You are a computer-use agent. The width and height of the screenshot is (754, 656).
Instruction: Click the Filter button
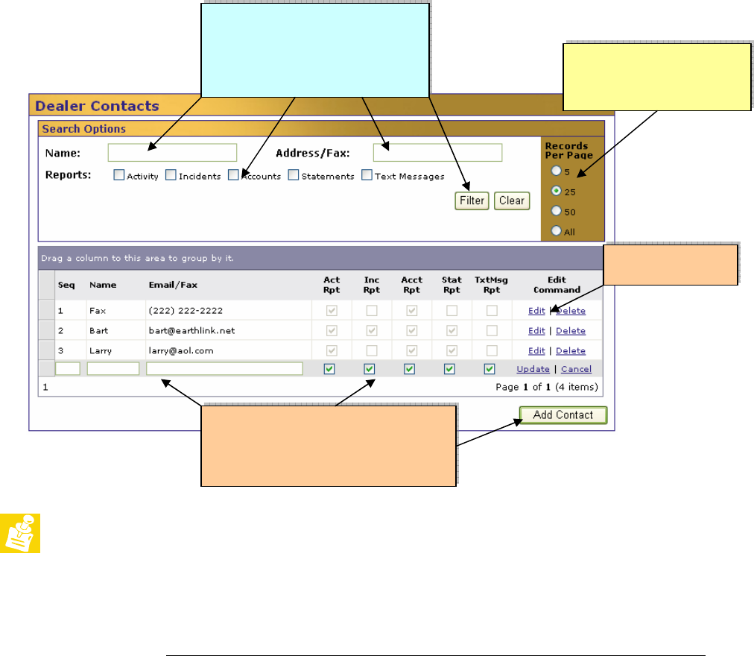[472, 201]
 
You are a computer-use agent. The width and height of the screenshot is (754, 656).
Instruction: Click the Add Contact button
[563, 415]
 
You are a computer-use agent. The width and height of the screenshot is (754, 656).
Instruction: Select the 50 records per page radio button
[557, 211]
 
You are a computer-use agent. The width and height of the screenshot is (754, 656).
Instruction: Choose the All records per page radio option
[557, 230]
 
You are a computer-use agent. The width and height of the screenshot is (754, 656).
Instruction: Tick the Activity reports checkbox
[118, 174]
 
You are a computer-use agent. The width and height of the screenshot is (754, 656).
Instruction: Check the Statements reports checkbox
[294, 174]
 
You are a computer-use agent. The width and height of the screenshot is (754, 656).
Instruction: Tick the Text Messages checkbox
[367, 174]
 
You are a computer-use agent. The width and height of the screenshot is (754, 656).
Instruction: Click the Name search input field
[172, 153]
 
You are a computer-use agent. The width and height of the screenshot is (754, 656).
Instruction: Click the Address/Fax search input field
[437, 153]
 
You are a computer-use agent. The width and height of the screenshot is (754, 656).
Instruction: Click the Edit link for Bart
[536, 331]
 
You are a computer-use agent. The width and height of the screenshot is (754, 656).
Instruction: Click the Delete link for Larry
[571, 351]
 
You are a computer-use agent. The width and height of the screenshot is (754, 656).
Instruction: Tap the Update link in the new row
[533, 369]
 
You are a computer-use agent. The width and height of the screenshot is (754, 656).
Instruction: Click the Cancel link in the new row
[576, 369]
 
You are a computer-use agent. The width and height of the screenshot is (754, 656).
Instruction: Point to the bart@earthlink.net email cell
[192, 331]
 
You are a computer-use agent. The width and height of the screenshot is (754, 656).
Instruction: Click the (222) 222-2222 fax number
[186, 311]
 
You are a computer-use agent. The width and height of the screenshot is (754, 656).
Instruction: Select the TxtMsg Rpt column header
[492, 285]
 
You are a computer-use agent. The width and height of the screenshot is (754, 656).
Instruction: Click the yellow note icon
[20, 533]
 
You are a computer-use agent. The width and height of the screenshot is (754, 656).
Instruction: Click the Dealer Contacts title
[97, 106]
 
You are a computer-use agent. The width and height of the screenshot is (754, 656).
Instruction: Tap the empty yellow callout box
[657, 78]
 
